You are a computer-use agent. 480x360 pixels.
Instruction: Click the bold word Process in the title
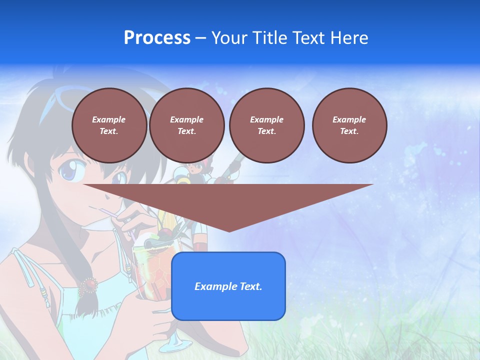tap(157, 38)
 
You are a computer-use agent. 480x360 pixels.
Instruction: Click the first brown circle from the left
tap(109, 125)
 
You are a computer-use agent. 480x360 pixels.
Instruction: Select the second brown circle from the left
tap(187, 125)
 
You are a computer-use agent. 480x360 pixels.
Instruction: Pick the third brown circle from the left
tap(267, 125)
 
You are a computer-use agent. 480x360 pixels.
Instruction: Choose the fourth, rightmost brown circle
tap(349, 125)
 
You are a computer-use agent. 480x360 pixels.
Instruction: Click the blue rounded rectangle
tap(228, 286)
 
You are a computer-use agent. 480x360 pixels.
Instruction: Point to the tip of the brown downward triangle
tap(228, 230)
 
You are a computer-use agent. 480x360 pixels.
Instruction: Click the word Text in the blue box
tap(250, 286)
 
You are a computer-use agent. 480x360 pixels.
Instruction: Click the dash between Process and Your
tap(200, 38)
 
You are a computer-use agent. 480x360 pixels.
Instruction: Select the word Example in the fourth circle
tap(349, 119)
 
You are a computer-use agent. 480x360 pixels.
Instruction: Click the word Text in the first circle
tap(108, 131)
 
